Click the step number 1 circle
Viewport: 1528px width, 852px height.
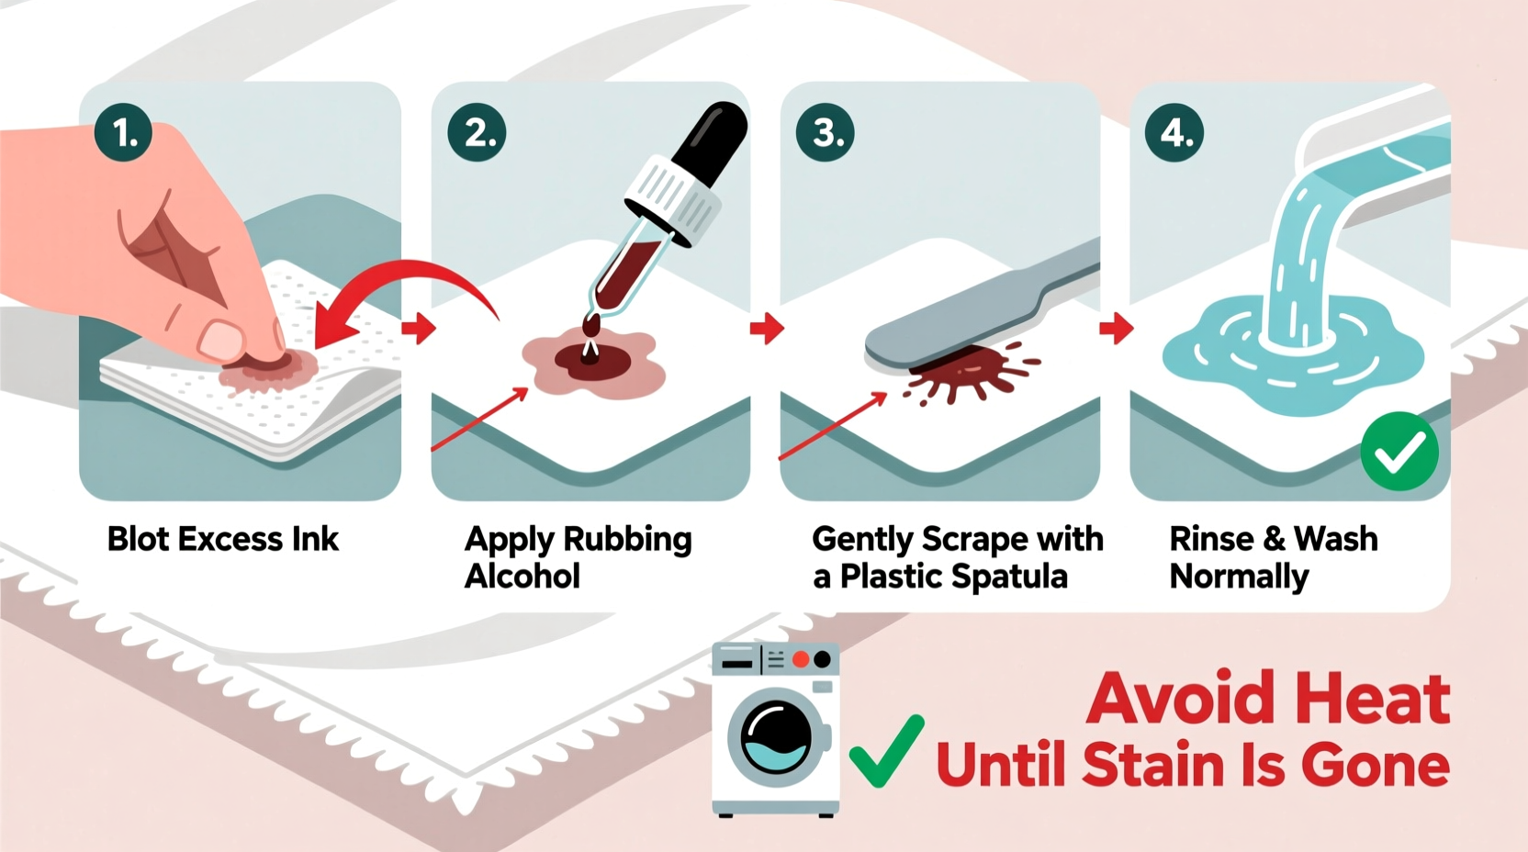[x=123, y=133]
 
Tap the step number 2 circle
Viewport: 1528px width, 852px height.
[x=477, y=133]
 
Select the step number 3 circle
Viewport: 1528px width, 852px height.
[x=825, y=133]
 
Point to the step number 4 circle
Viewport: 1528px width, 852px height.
[x=1174, y=133]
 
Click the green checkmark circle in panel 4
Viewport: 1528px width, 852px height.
[x=1399, y=451]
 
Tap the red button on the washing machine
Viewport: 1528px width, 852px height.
[x=801, y=659]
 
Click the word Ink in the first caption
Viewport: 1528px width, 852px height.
[x=315, y=539]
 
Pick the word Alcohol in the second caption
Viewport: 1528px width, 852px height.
[x=522, y=577]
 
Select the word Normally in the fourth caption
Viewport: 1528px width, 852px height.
[x=1239, y=577]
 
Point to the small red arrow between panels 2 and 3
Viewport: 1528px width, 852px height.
[x=767, y=328]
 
